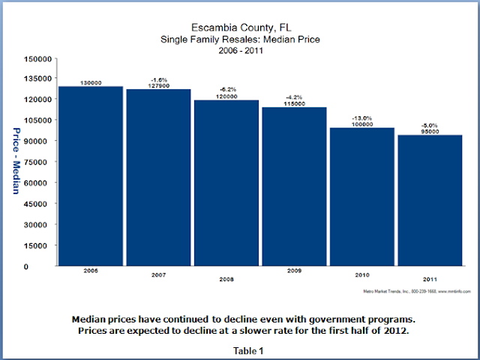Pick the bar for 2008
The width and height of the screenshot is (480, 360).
point(226,183)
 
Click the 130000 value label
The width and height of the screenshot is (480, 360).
point(91,83)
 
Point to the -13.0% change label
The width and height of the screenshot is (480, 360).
point(362,118)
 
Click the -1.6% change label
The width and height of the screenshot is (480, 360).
point(158,79)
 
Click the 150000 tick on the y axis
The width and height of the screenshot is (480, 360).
point(38,58)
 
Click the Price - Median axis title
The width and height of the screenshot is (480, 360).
point(16,162)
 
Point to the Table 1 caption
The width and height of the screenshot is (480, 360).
point(240,349)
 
